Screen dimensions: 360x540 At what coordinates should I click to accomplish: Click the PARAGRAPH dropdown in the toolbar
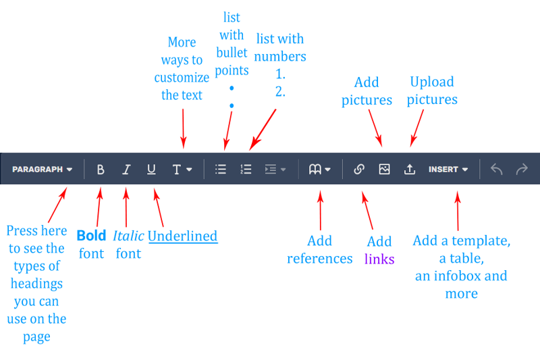[x=42, y=170]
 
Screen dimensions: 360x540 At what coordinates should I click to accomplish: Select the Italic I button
[x=126, y=170]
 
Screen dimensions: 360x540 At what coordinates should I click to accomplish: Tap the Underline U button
[x=151, y=170]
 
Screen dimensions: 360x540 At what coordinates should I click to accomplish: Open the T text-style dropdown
[x=182, y=170]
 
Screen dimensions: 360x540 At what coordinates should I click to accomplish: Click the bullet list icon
[x=221, y=170]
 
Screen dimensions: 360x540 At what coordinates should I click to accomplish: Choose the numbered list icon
[x=246, y=170]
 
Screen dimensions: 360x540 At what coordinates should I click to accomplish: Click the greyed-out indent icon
[x=275, y=170]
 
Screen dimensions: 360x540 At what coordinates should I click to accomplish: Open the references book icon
[x=319, y=170]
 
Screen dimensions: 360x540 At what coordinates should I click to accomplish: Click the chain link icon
[x=359, y=170]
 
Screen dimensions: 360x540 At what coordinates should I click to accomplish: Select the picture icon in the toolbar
[x=384, y=170]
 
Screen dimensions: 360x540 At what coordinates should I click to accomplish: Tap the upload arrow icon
[x=410, y=170]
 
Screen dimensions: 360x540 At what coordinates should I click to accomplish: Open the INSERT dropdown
[x=448, y=170]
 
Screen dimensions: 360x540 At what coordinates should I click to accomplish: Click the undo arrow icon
[x=496, y=170]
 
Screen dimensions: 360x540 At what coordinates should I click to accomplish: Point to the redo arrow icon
[x=522, y=170]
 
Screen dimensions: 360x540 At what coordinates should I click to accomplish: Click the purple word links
[x=379, y=259]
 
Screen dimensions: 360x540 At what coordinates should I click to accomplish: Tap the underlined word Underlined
[x=182, y=236]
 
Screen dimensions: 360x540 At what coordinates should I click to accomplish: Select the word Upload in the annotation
[x=431, y=82]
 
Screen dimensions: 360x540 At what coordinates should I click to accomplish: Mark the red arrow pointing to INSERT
[x=458, y=209]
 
